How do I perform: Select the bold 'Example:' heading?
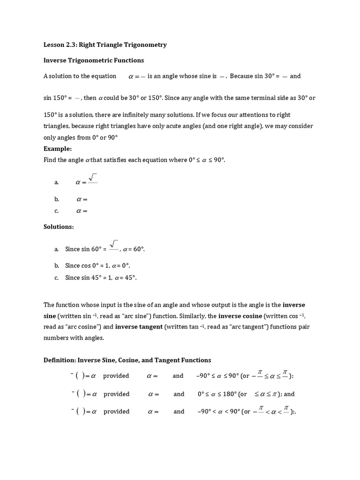pos(58,149)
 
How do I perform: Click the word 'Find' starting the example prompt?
pos(50,160)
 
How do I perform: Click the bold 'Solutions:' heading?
pos(59,227)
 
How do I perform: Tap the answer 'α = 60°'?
pos(134,249)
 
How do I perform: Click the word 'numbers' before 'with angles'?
pos(56,338)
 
